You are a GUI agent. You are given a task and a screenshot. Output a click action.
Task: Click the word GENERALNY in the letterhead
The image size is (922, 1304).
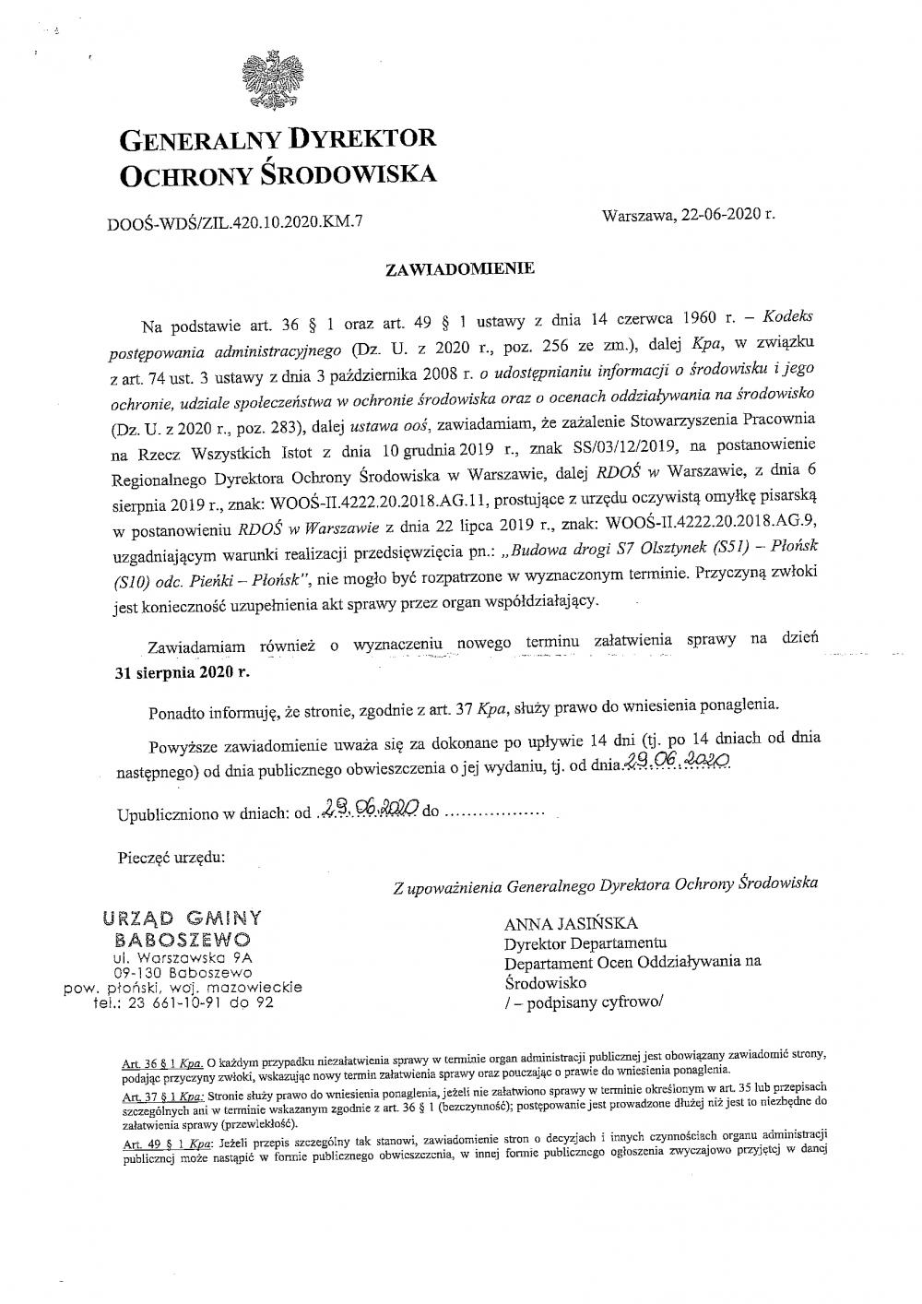[197, 139]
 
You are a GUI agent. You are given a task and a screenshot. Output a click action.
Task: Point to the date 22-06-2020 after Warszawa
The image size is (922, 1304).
[722, 214]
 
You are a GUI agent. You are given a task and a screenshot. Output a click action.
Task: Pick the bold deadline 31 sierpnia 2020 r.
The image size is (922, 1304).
[182, 672]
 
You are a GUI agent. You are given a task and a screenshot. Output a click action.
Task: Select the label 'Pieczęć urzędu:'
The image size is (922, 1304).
[171, 858]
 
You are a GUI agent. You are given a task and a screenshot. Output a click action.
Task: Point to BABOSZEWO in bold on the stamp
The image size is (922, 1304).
[182, 939]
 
